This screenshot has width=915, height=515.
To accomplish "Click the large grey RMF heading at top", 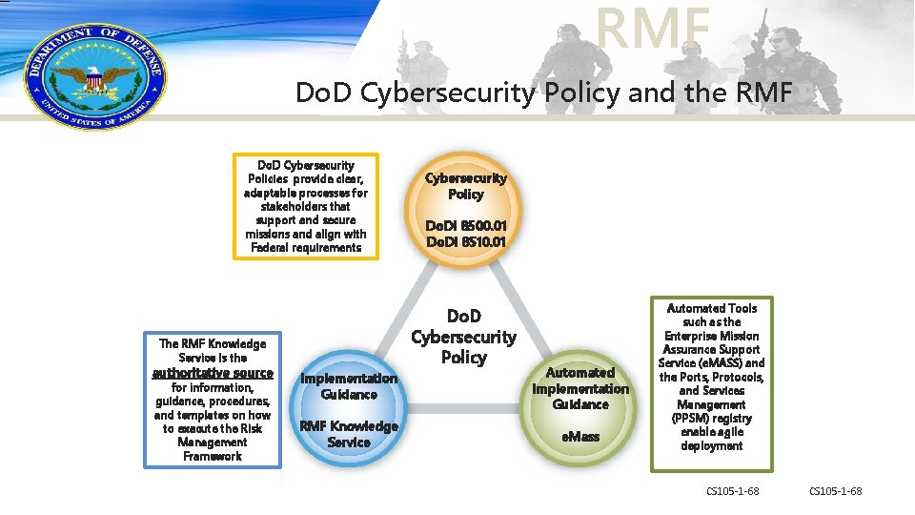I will [654, 28].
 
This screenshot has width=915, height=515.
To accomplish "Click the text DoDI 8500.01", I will [465, 226].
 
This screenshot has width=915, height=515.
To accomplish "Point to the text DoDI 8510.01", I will [465, 242].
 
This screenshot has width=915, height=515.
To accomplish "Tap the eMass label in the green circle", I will [579, 436].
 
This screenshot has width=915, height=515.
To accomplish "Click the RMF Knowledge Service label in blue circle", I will [349, 434].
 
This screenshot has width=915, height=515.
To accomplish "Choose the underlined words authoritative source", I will [213, 373].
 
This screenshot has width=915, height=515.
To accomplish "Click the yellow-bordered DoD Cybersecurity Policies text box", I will [306, 206].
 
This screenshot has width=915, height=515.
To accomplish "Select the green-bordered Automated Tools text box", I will [711, 383].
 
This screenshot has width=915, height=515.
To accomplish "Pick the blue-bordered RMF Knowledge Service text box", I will [213, 400].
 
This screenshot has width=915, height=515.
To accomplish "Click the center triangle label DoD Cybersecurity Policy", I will [463, 337].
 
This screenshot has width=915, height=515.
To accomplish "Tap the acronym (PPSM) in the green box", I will [711, 418].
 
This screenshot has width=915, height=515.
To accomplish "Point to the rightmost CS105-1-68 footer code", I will [835, 491].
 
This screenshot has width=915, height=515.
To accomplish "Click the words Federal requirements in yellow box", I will [306, 248].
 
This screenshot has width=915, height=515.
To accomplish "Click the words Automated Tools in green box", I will [711, 308].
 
